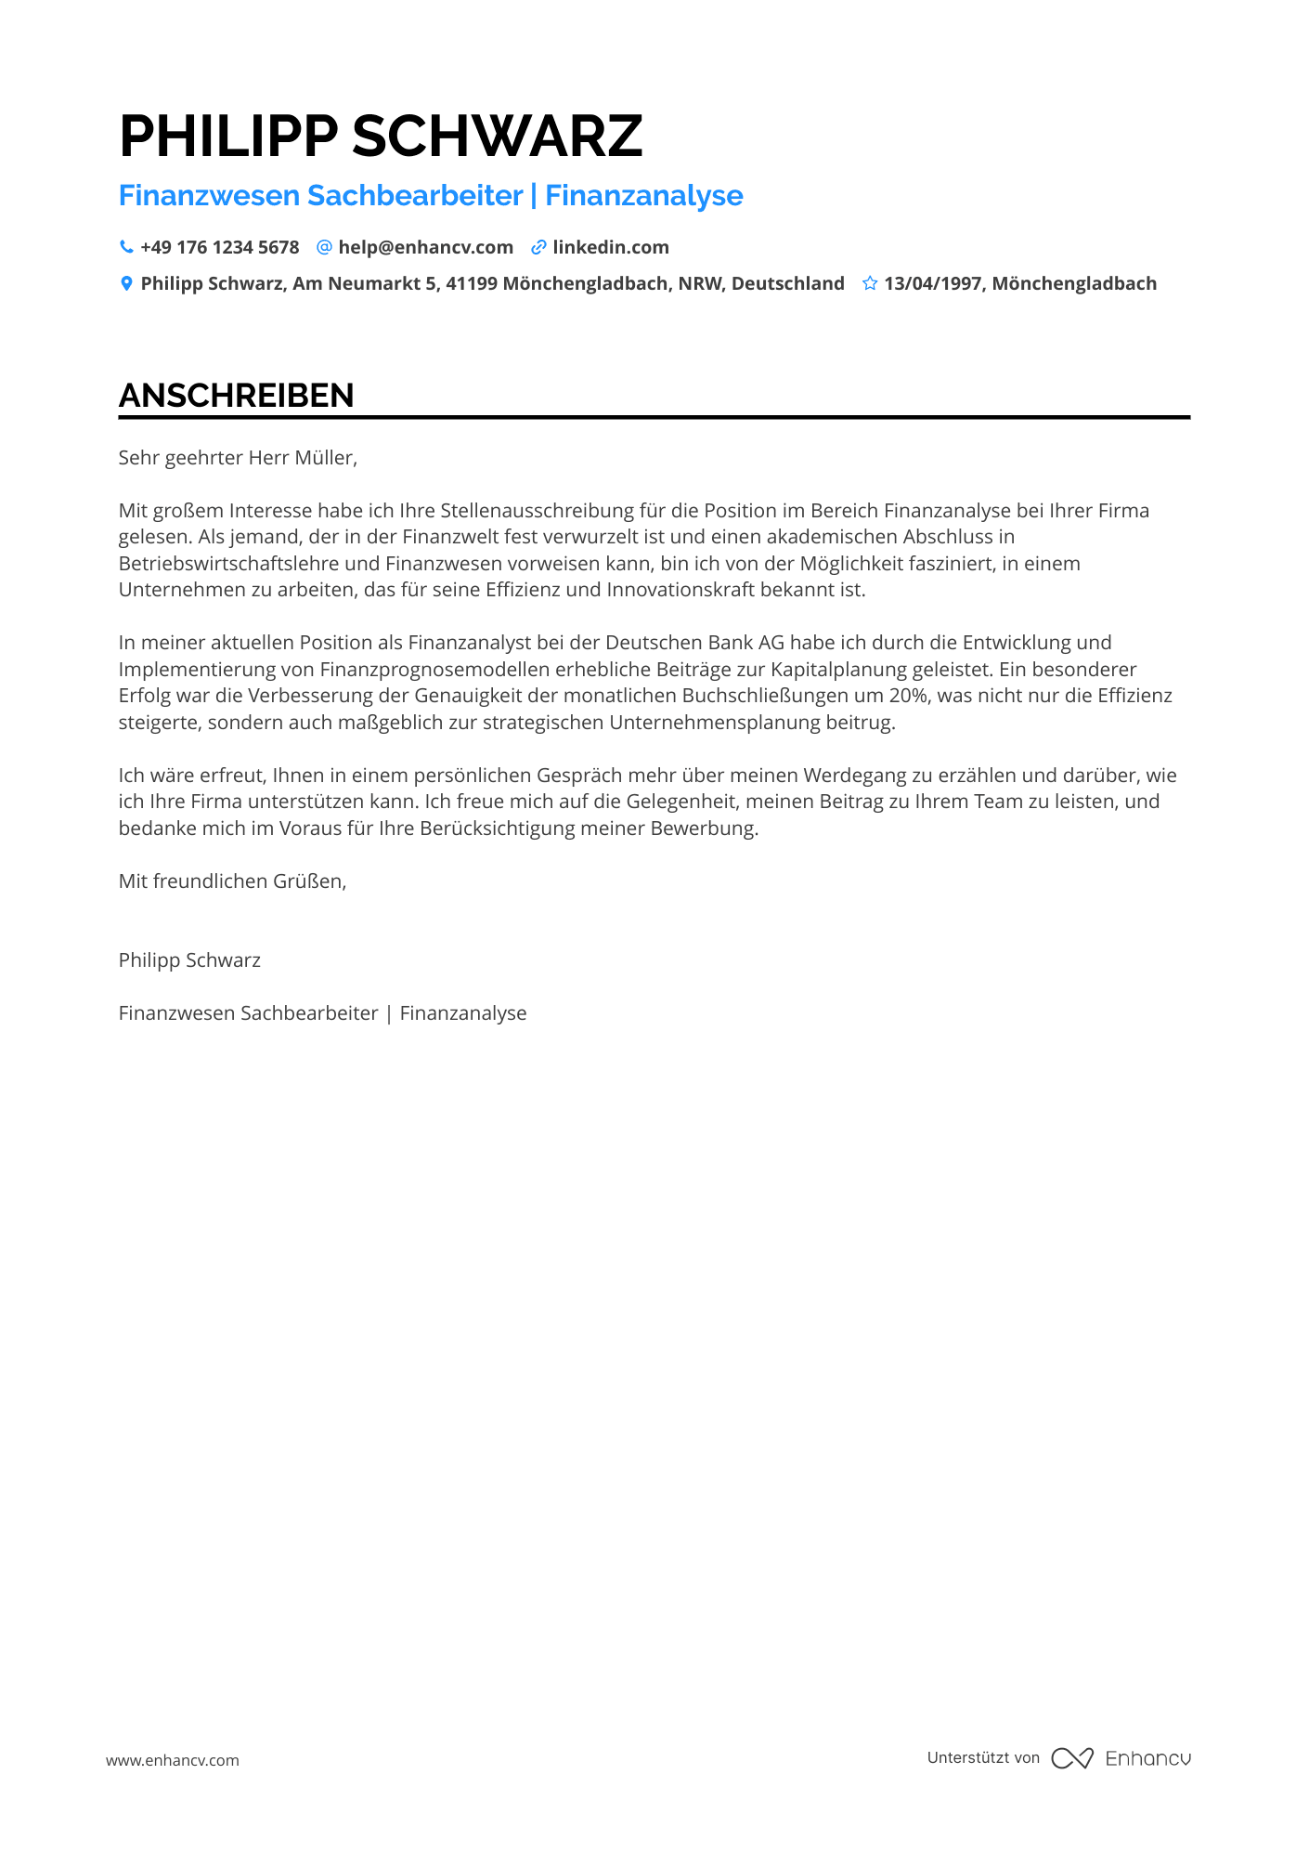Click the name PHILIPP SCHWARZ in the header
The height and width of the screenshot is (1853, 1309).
pos(381,137)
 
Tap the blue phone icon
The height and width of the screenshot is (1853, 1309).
pos(126,247)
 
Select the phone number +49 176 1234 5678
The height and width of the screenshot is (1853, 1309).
pos(220,247)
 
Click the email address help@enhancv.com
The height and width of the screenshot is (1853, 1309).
pos(425,247)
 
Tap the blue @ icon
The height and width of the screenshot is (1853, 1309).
pos(324,247)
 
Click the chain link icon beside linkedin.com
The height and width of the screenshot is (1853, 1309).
pos(538,247)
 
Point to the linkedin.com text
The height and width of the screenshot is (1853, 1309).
pos(611,247)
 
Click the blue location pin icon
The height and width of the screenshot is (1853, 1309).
pos(126,283)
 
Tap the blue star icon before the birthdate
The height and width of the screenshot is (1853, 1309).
pos(870,283)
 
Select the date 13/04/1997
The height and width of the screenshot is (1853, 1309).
pos(932,283)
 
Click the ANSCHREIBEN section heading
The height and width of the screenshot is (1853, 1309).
pos(236,396)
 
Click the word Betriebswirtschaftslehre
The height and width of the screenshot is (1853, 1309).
pos(228,563)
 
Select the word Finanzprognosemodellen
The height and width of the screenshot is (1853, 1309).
pos(435,669)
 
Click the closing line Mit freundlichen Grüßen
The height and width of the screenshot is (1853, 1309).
pos(232,881)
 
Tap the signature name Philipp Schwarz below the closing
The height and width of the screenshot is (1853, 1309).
pos(189,959)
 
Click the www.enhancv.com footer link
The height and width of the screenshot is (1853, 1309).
pos(173,1760)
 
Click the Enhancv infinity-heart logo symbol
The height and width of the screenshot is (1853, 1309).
pos(1071,1758)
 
